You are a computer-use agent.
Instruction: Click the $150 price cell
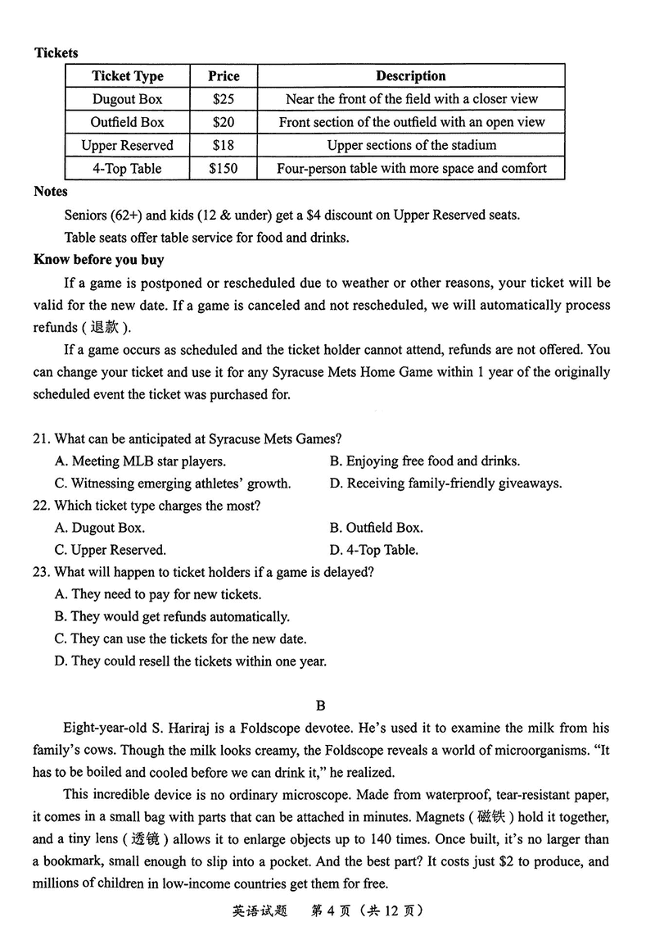223,169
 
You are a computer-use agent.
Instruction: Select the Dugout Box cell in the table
127,99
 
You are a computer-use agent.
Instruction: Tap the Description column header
410,76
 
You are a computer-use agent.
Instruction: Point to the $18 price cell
223,146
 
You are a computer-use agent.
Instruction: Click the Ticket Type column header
127,76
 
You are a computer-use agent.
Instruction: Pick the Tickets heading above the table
56,53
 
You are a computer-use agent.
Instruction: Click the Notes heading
51,192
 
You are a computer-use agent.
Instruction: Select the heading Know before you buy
98,260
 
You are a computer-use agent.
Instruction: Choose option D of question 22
373,550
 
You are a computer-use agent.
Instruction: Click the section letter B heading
321,705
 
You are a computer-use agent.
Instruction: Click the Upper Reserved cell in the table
127,146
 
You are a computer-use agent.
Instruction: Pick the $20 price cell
223,122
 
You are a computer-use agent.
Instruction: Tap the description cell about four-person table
410,169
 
